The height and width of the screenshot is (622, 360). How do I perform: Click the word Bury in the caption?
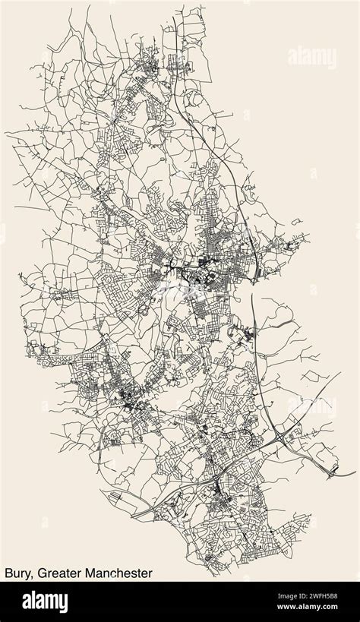click(x=17, y=570)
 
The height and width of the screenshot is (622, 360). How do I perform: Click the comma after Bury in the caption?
click(x=32, y=574)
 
